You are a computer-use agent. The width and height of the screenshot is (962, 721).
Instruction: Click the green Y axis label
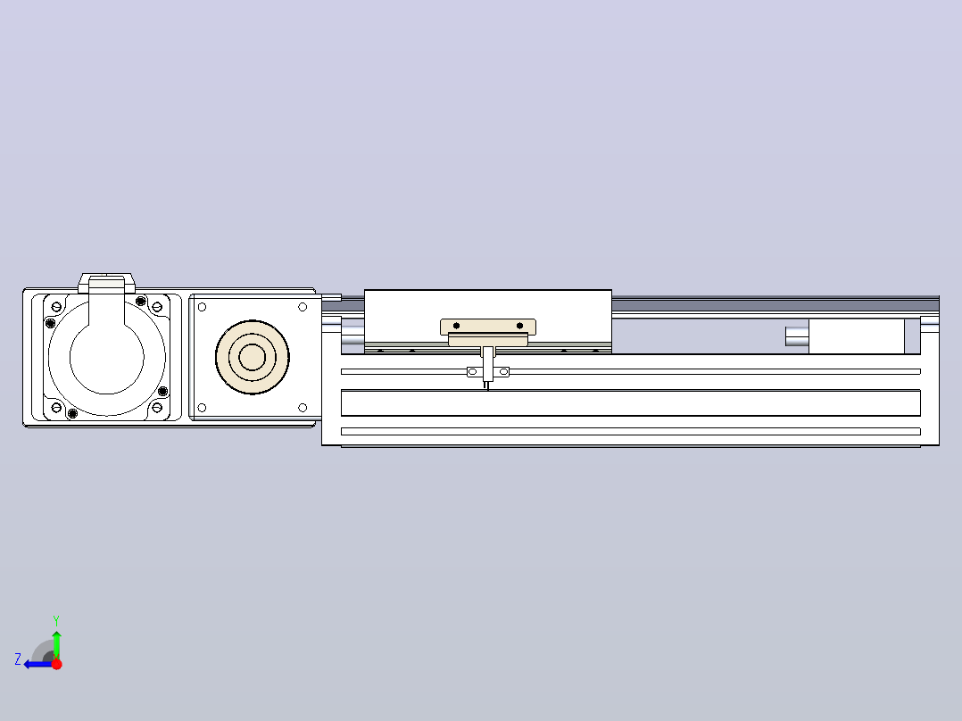click(x=56, y=620)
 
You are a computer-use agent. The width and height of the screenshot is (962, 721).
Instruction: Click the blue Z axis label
click(x=18, y=659)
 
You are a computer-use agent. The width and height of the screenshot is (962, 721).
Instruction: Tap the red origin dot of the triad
click(x=56, y=664)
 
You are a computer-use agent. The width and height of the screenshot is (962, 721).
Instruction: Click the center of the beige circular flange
click(x=253, y=357)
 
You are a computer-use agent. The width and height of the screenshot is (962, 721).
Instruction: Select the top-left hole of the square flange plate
click(x=202, y=307)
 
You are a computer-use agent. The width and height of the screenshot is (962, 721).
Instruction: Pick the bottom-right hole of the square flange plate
click(x=303, y=408)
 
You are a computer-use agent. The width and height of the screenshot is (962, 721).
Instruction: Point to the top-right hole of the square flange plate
click(x=303, y=307)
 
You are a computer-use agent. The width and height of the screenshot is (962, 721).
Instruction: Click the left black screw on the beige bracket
click(x=457, y=326)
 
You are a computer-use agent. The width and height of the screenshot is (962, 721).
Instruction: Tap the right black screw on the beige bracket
click(x=519, y=326)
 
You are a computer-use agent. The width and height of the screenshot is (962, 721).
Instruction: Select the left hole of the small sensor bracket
click(x=472, y=372)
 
